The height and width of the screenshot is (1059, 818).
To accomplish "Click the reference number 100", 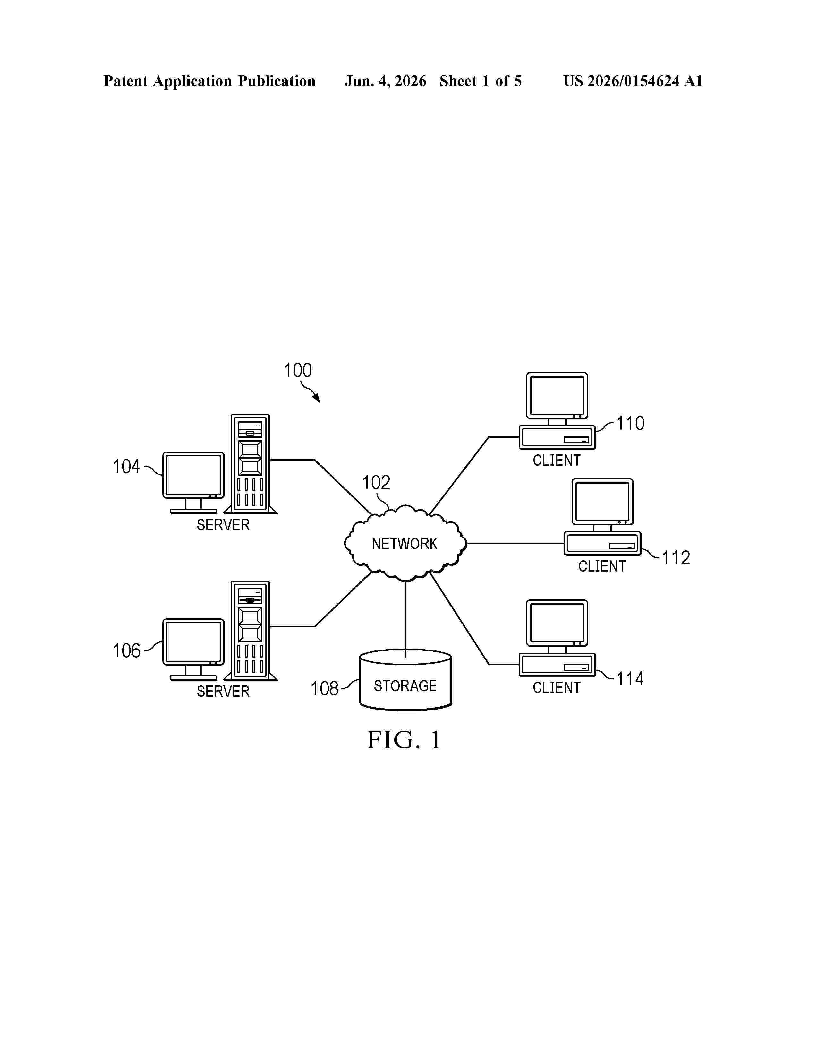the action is pyautogui.click(x=298, y=370).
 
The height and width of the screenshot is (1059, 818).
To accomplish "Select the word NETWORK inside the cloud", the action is pyautogui.click(x=404, y=544).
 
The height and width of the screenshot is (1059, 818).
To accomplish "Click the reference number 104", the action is pyautogui.click(x=126, y=467).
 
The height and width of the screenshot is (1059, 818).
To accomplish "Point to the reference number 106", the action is pyautogui.click(x=126, y=651).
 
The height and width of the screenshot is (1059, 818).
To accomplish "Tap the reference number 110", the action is pyautogui.click(x=630, y=423).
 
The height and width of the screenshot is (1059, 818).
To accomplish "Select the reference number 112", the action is pyautogui.click(x=676, y=558).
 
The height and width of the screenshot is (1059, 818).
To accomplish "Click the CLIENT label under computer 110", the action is pyautogui.click(x=556, y=460).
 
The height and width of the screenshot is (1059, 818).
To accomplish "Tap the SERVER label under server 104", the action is pyautogui.click(x=223, y=525).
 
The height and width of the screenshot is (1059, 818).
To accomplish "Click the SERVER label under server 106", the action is pyautogui.click(x=223, y=692).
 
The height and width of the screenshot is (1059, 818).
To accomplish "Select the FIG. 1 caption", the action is pyautogui.click(x=404, y=740).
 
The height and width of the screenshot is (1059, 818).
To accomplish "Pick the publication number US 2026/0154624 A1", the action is pyautogui.click(x=633, y=81).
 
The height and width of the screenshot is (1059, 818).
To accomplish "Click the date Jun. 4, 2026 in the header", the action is pyautogui.click(x=386, y=81).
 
